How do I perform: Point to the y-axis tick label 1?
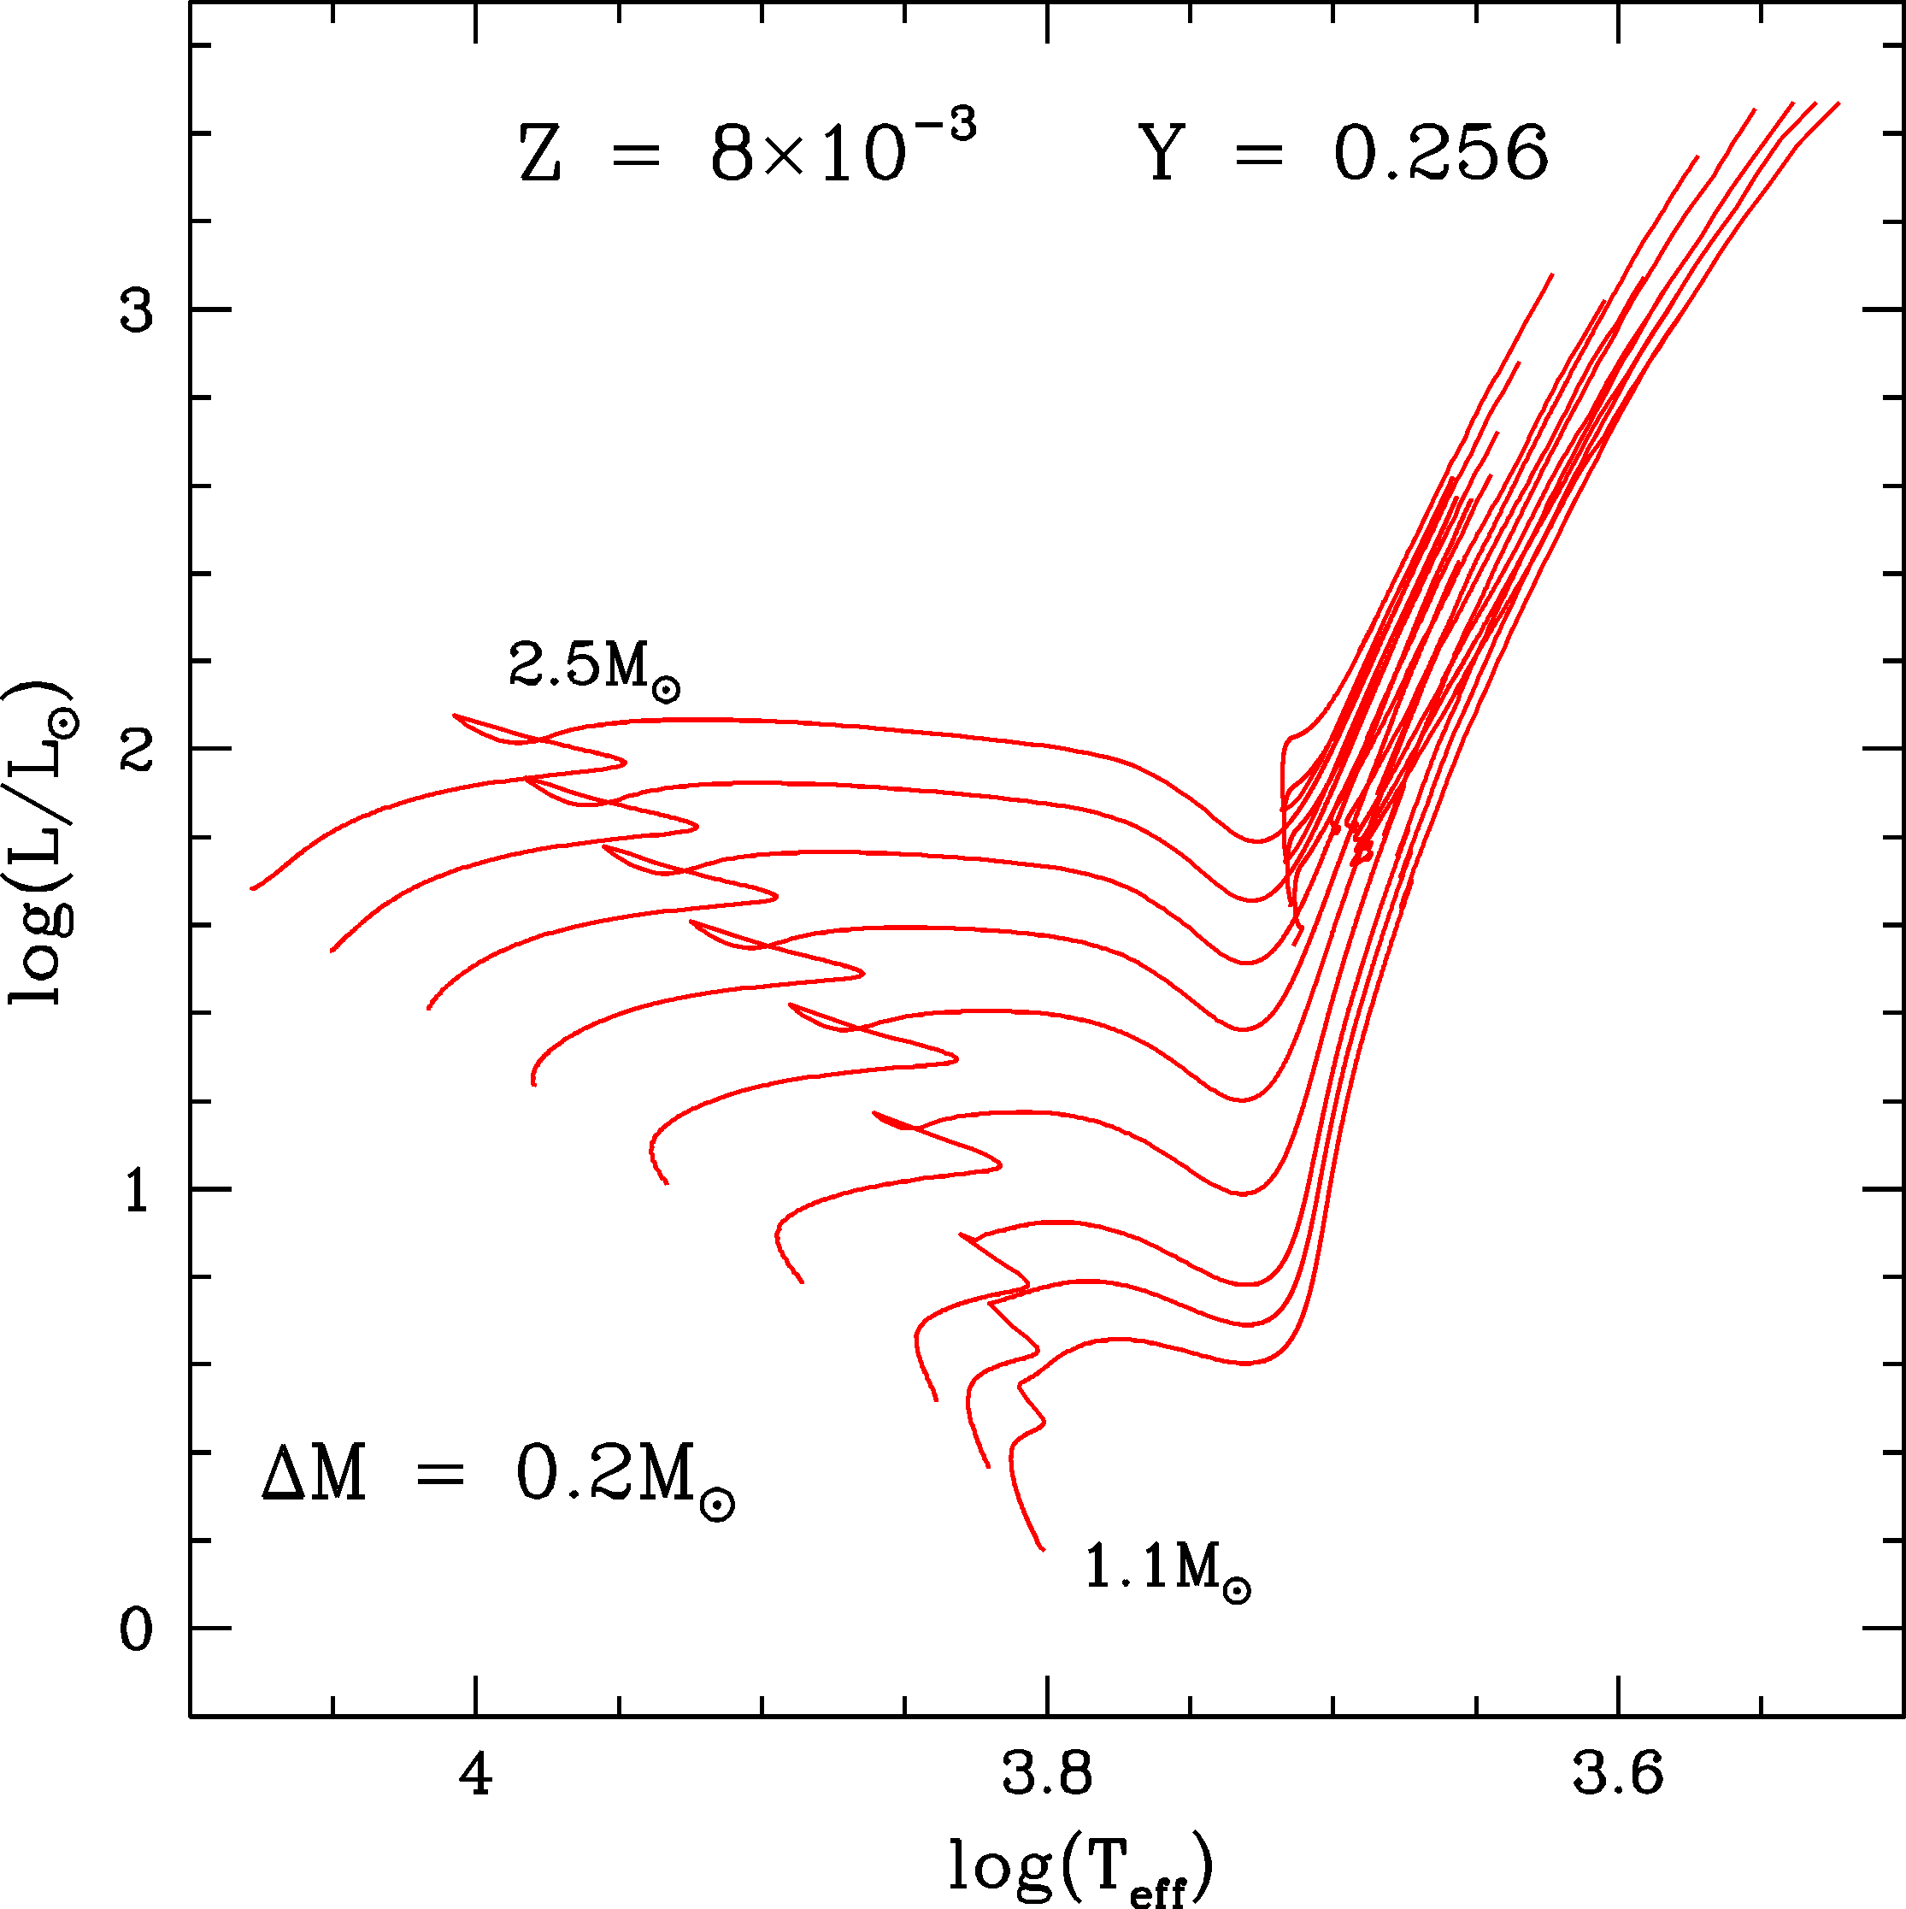pos(137,1193)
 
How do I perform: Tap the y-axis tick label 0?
pos(137,1631)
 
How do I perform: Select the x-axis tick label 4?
pos(475,1776)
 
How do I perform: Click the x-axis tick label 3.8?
pos(1046,1776)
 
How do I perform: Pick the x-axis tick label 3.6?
pos(1617,1776)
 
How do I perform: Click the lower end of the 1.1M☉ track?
pos(1043,1549)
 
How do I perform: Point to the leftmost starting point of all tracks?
pos(252,889)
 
